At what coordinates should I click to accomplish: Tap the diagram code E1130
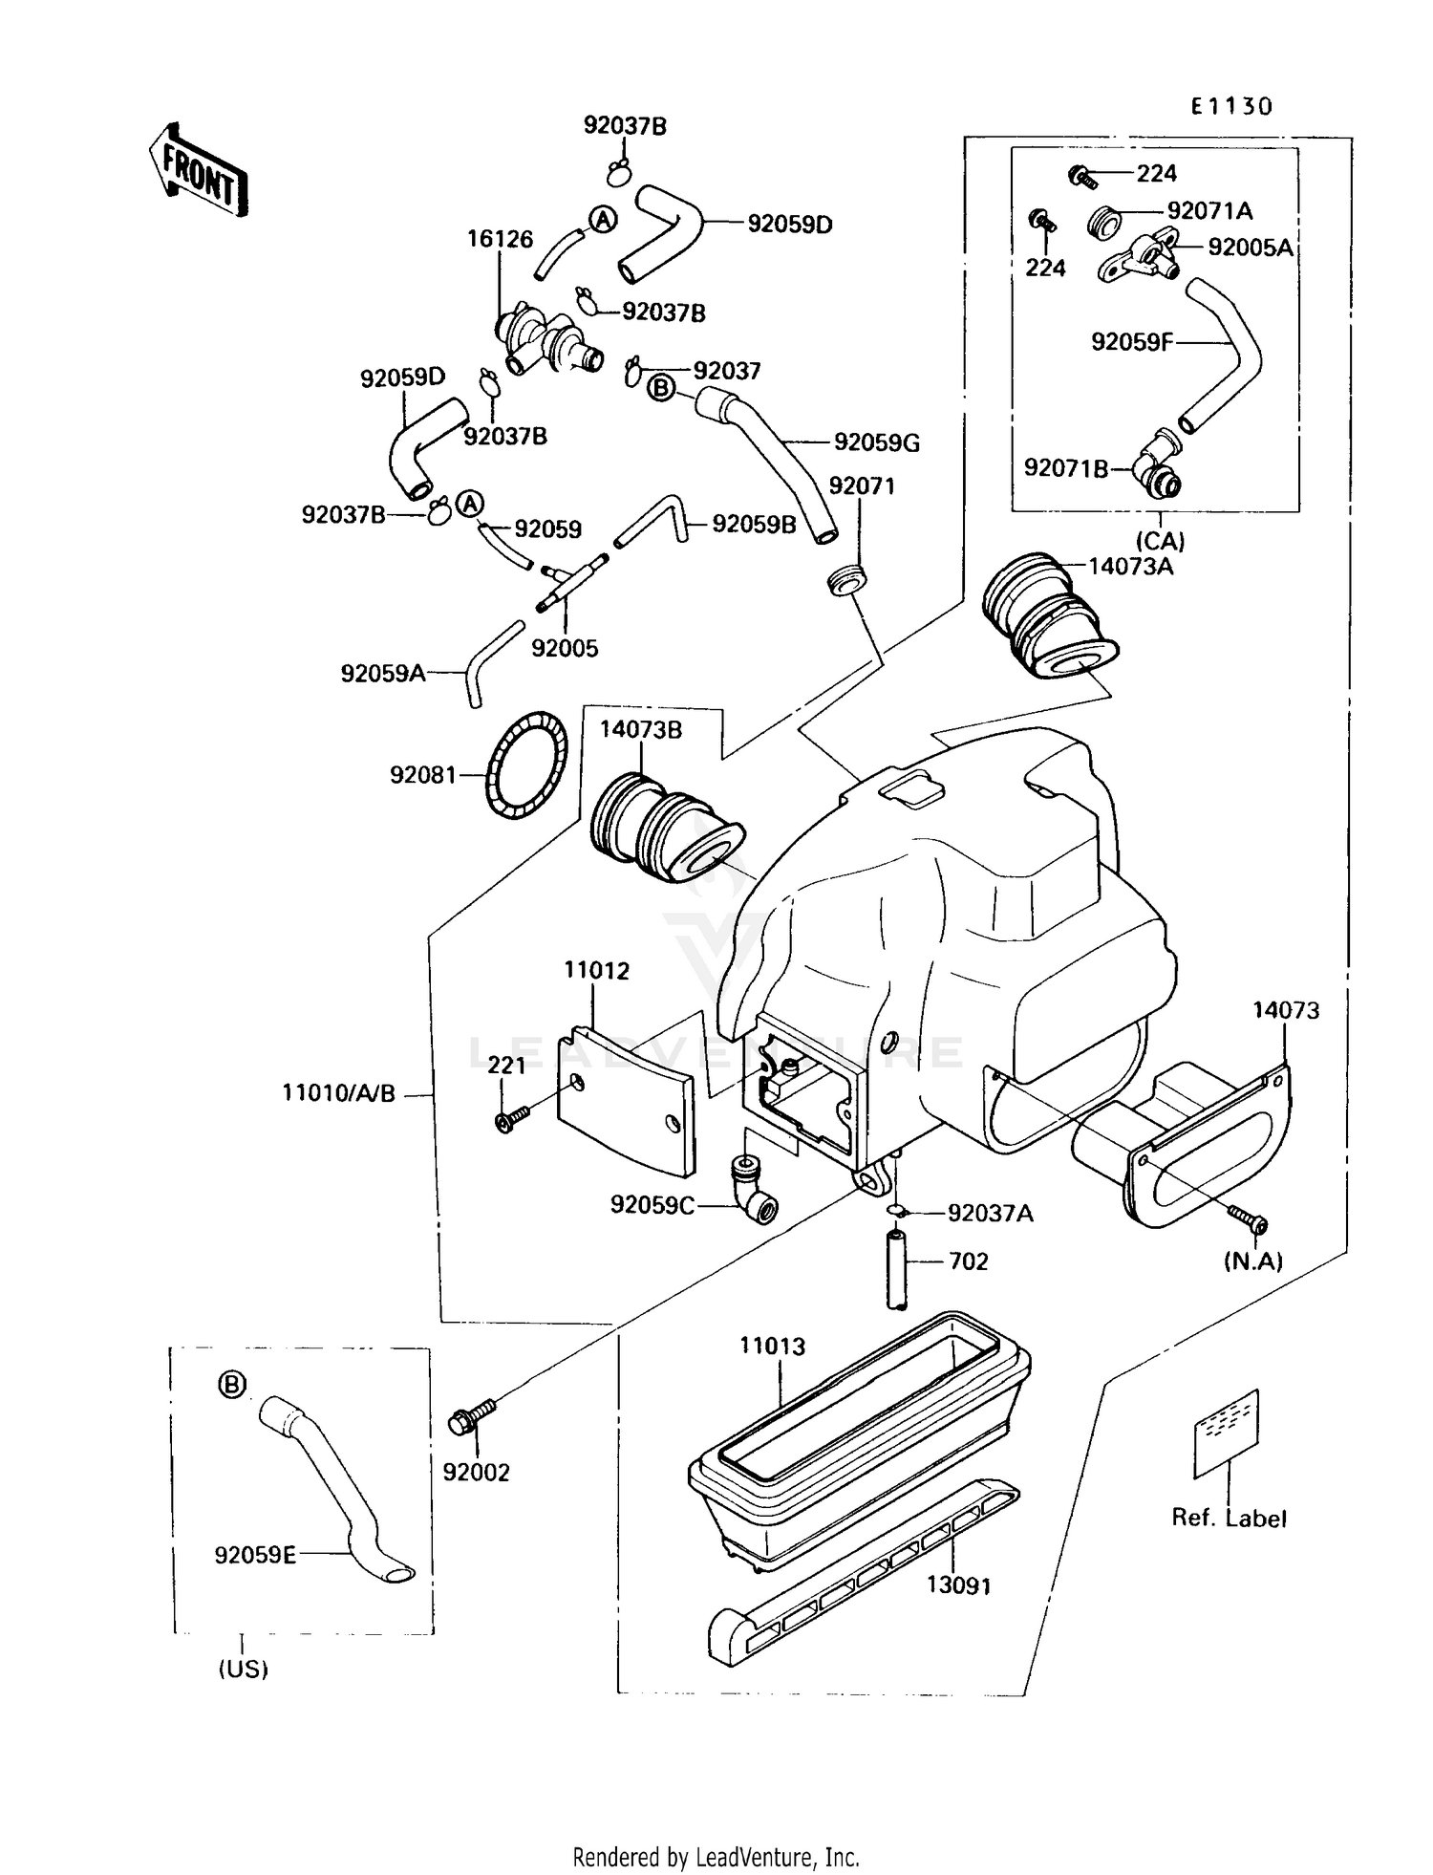tap(1231, 106)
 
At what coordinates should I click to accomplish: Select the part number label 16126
tap(500, 238)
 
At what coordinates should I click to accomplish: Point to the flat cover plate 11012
tap(626, 1100)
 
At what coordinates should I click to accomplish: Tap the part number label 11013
tap(772, 1346)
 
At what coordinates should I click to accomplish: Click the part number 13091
tap(958, 1585)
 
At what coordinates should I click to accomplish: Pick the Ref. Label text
tap(1229, 1518)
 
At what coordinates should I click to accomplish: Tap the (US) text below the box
tap(243, 1669)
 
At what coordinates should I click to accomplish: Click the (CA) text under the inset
tap(1160, 541)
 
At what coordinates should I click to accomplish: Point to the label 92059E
tap(255, 1555)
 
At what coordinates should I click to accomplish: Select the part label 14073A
tap(1131, 566)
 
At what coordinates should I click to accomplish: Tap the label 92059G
tap(876, 442)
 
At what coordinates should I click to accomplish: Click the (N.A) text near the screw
tap(1253, 1261)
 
